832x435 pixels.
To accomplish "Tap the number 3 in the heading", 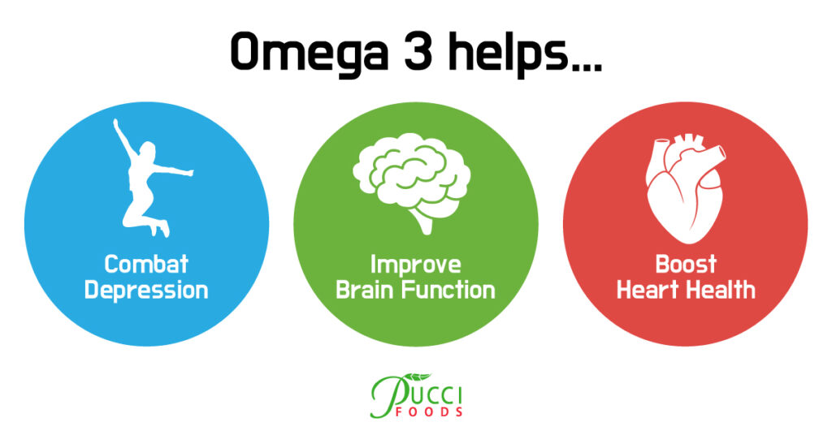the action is coord(418,51).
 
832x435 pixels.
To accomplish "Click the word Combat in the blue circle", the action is coord(146,264).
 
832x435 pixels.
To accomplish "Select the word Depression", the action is coord(146,291).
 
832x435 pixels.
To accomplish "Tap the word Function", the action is coord(448,291).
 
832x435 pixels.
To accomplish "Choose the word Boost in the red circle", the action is coord(686,264).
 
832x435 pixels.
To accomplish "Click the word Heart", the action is coord(648,291).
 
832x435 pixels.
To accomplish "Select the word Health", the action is coord(721,291).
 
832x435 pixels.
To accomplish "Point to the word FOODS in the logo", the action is coord(429,411).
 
